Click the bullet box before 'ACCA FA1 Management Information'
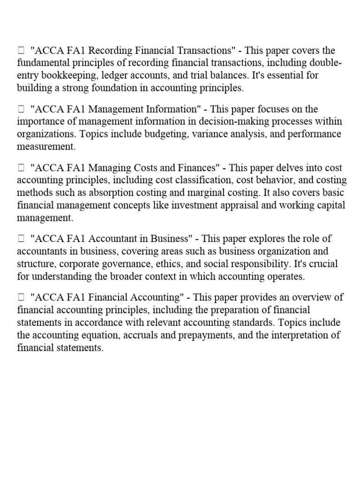pos(21,110)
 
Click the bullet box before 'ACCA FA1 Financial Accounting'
pos(21,298)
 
